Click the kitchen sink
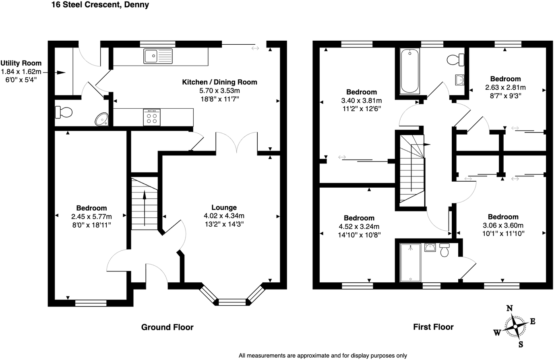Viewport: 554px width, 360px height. pyautogui.click(x=158, y=56)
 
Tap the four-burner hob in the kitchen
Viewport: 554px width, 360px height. pyautogui.click(x=152, y=117)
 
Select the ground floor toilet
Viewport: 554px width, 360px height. pyautogui.click(x=64, y=112)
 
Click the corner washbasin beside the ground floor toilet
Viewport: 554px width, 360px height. pyautogui.click(x=102, y=119)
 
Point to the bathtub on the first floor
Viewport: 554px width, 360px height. pyautogui.click(x=409, y=71)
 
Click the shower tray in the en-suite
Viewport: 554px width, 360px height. pyautogui.click(x=410, y=263)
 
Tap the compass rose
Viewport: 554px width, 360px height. pyautogui.click(x=515, y=326)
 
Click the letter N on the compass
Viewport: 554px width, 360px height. pyautogui.click(x=509, y=308)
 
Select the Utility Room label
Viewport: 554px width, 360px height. pyautogui.click(x=21, y=63)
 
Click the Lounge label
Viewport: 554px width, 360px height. pyautogui.click(x=224, y=207)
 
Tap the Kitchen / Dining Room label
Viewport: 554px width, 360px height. pyautogui.click(x=219, y=82)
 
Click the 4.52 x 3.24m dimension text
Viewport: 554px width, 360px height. pyautogui.click(x=359, y=226)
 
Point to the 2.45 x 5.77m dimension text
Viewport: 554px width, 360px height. pyautogui.click(x=91, y=217)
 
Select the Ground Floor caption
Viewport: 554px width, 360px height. pyautogui.click(x=167, y=327)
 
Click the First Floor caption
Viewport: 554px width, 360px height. pyautogui.click(x=433, y=327)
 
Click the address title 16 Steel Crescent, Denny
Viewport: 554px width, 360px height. pyautogui.click(x=100, y=5)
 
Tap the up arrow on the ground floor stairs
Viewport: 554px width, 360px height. pyautogui.click(x=145, y=208)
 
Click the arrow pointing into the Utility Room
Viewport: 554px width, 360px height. pyautogui.click(x=54, y=72)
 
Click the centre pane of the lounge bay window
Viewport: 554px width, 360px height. pyautogui.click(x=232, y=302)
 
